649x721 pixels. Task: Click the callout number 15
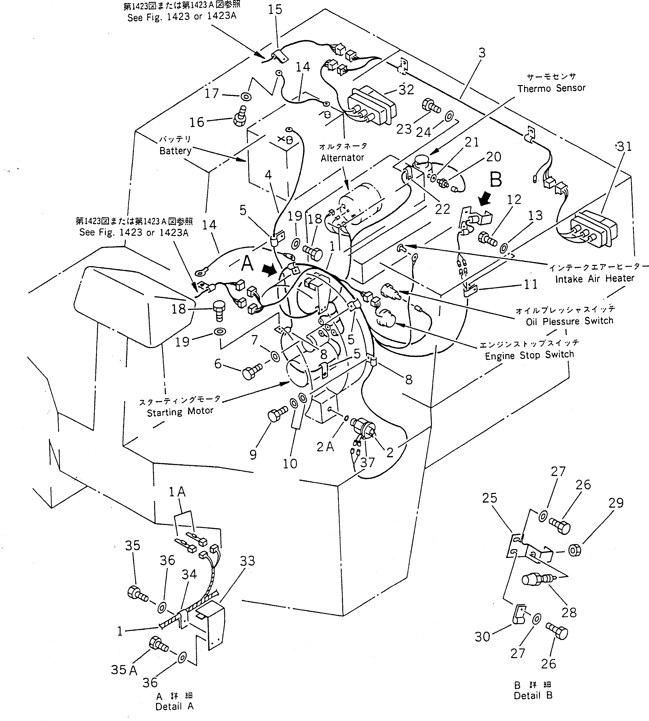point(275,10)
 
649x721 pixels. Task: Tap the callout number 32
point(406,89)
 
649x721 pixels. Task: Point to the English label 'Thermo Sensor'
point(551,88)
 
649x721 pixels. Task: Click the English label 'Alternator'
point(342,157)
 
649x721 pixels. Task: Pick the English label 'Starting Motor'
point(180,412)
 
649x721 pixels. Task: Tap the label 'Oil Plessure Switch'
point(569,321)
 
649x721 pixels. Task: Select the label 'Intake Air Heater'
point(594,278)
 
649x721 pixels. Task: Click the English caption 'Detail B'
point(533,695)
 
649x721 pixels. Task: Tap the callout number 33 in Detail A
point(247,561)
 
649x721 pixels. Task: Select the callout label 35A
point(124,670)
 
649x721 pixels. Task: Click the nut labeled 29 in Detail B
point(574,551)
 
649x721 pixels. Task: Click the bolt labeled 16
point(240,116)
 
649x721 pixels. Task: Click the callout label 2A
point(325,447)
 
